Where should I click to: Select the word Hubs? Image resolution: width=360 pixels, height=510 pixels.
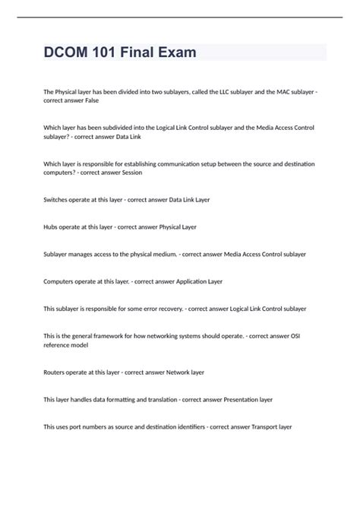[52, 226]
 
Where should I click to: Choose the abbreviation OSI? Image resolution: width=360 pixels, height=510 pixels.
[308, 335]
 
